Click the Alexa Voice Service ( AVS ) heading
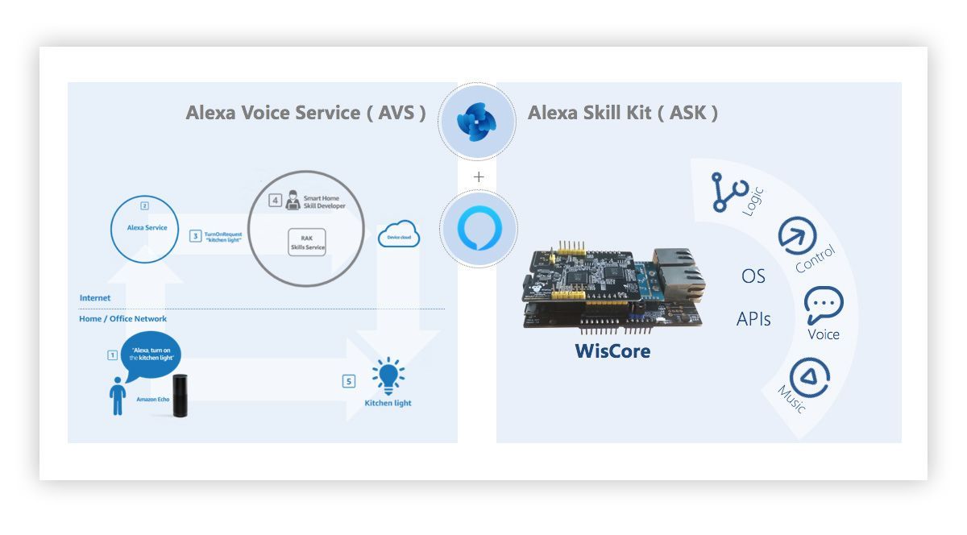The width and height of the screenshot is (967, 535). (305, 113)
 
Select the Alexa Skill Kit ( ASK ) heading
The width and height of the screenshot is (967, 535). (622, 113)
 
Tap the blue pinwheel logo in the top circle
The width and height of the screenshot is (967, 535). (476, 122)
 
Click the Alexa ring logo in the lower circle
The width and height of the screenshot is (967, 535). (479, 228)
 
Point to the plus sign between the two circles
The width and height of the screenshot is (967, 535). (479, 177)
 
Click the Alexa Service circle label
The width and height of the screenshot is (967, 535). (147, 227)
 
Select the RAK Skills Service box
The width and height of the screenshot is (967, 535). (307, 243)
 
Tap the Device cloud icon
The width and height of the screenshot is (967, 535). (398, 234)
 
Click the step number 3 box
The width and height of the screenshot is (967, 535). (195, 236)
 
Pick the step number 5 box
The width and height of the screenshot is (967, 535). (349, 381)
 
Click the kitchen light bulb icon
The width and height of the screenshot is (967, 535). (388, 375)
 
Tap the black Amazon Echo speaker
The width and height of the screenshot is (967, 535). (180, 396)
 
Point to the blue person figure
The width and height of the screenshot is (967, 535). (118, 396)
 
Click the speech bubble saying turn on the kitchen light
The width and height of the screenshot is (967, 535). (151, 354)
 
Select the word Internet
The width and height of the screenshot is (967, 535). (95, 298)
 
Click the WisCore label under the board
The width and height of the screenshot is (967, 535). (612, 351)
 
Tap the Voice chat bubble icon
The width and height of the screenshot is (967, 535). (824, 305)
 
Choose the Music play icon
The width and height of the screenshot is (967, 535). (811, 378)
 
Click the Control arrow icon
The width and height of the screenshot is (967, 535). (797, 236)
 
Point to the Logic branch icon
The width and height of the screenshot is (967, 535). (729, 193)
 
